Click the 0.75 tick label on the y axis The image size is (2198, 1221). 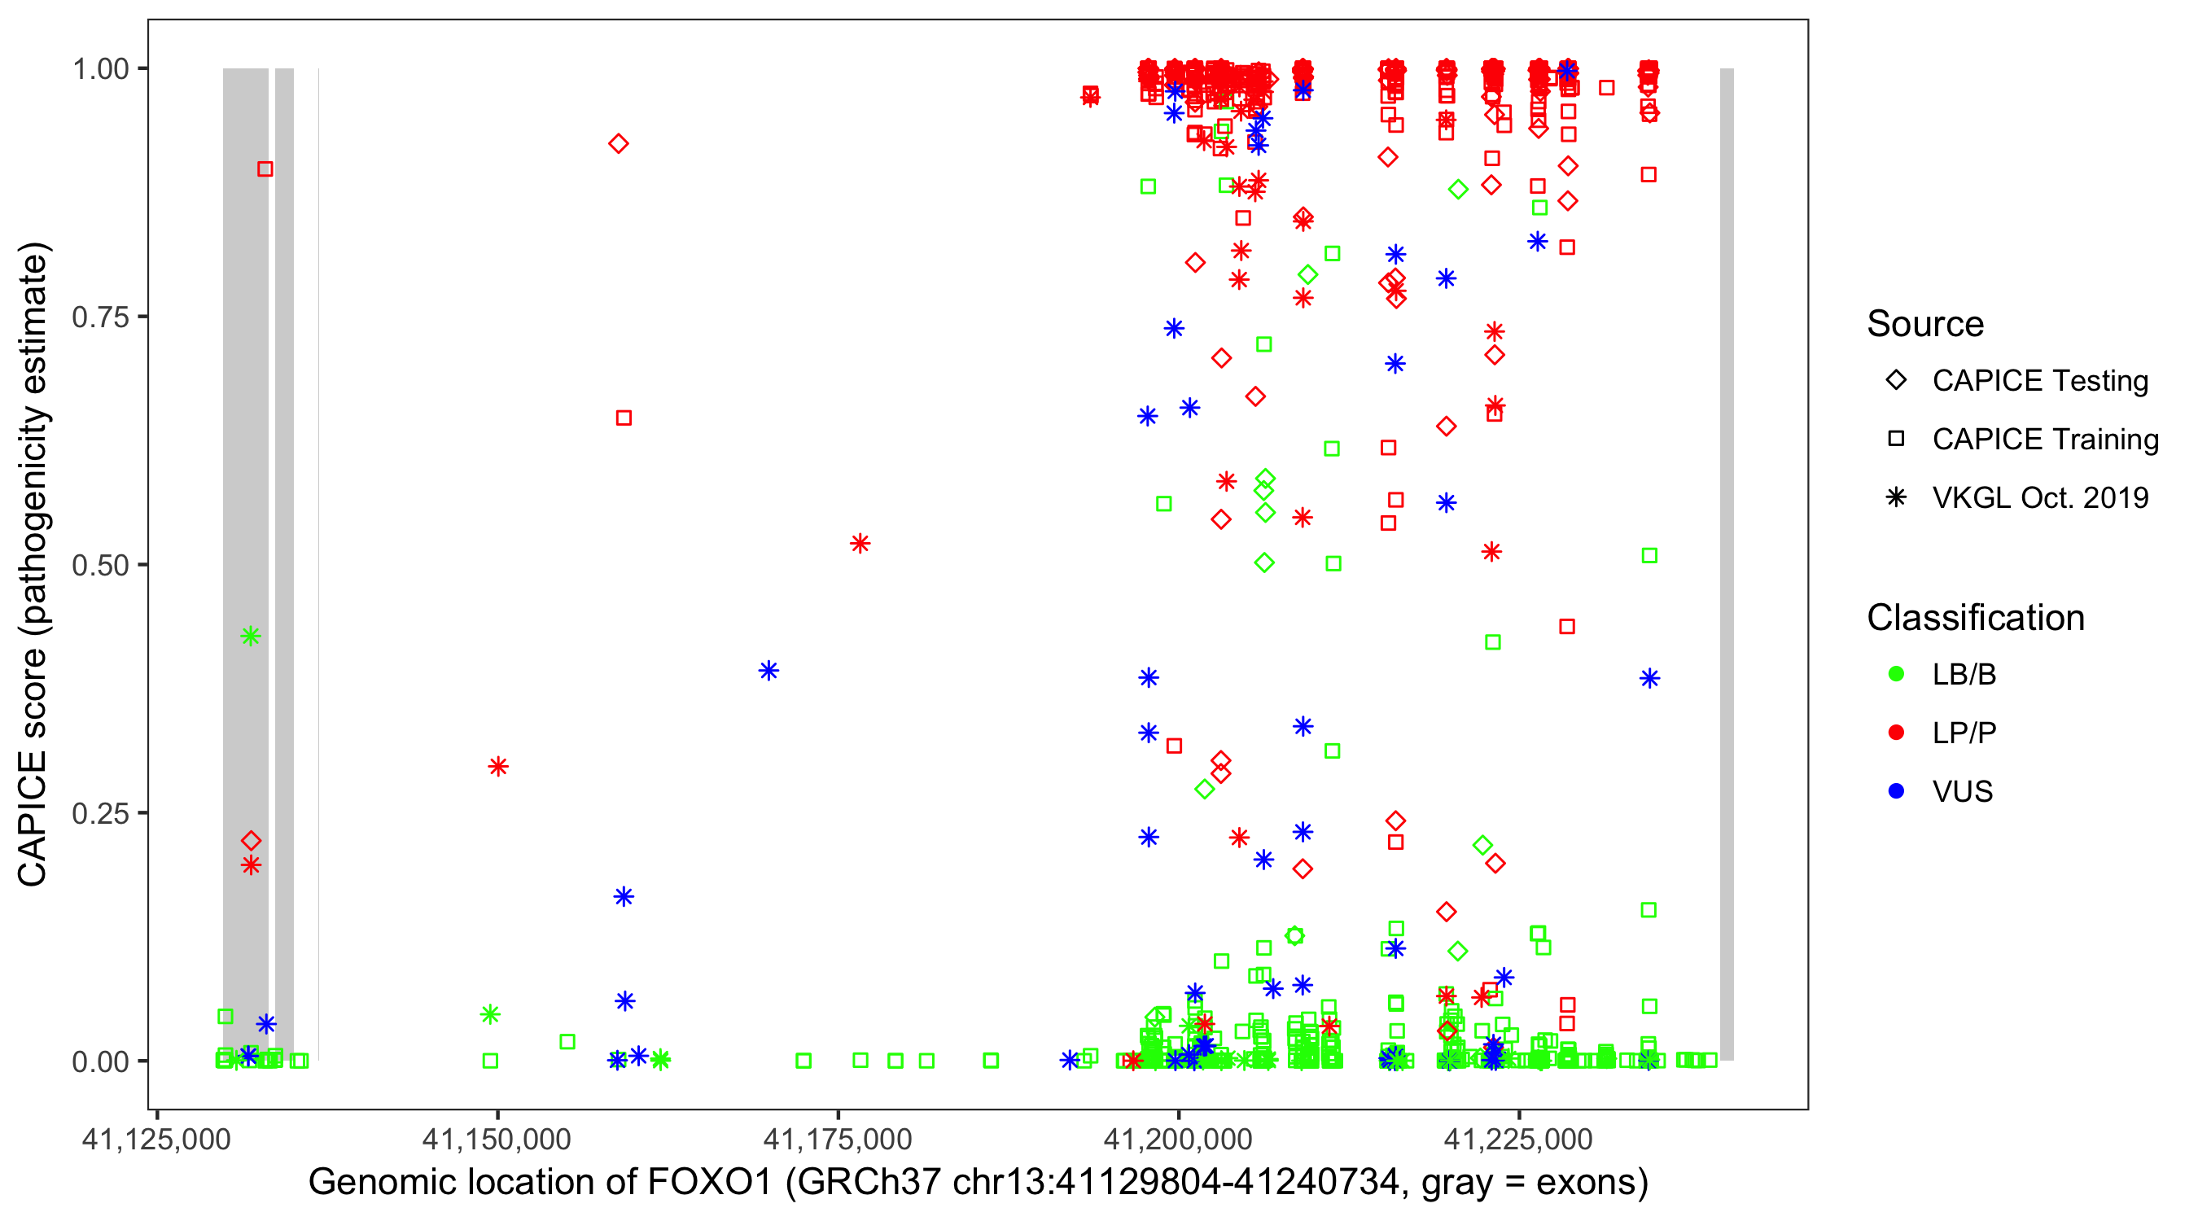click(100, 317)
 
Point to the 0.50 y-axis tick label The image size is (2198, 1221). click(100, 566)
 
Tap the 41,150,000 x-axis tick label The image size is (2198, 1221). click(497, 1139)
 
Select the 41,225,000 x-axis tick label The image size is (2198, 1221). click(1518, 1139)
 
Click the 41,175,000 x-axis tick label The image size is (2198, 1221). click(837, 1139)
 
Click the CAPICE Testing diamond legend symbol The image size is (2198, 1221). click(1896, 381)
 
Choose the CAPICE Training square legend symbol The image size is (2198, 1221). click(1896, 440)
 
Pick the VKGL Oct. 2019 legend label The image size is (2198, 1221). click(2040, 498)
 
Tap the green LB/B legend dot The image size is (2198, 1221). click(1896, 675)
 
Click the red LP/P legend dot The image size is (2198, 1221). click(1896, 733)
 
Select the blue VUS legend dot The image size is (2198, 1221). click(1896, 792)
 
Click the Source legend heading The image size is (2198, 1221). click(1925, 324)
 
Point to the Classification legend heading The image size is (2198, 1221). click(1975, 618)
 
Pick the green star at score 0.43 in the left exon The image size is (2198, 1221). click(250, 637)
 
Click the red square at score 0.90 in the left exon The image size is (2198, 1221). click(265, 170)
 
